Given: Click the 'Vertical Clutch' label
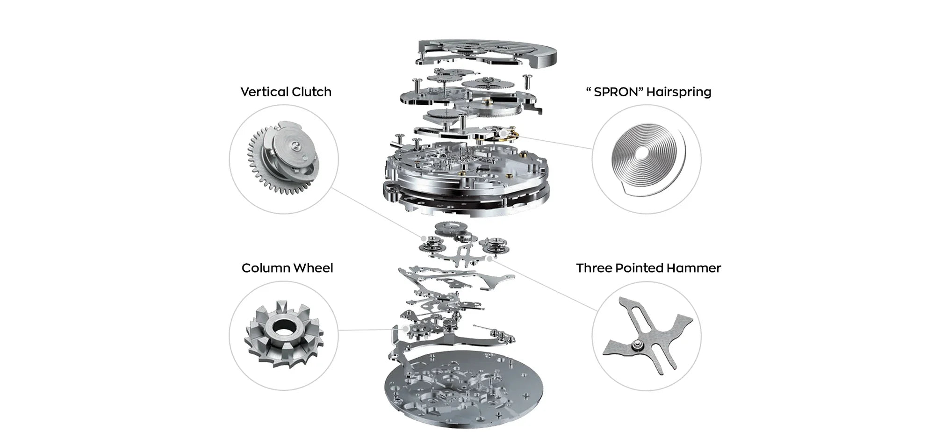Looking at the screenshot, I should [286, 92].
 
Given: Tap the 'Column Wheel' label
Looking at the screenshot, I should [287, 268].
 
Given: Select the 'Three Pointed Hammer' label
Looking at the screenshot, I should [648, 268].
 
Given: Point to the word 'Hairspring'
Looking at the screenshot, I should [679, 92].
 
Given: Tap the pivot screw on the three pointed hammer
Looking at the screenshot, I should [636, 345].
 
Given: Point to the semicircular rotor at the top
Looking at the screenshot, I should [486, 51].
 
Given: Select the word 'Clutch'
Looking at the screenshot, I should [310, 92].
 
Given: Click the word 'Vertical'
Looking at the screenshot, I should [262, 92].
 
